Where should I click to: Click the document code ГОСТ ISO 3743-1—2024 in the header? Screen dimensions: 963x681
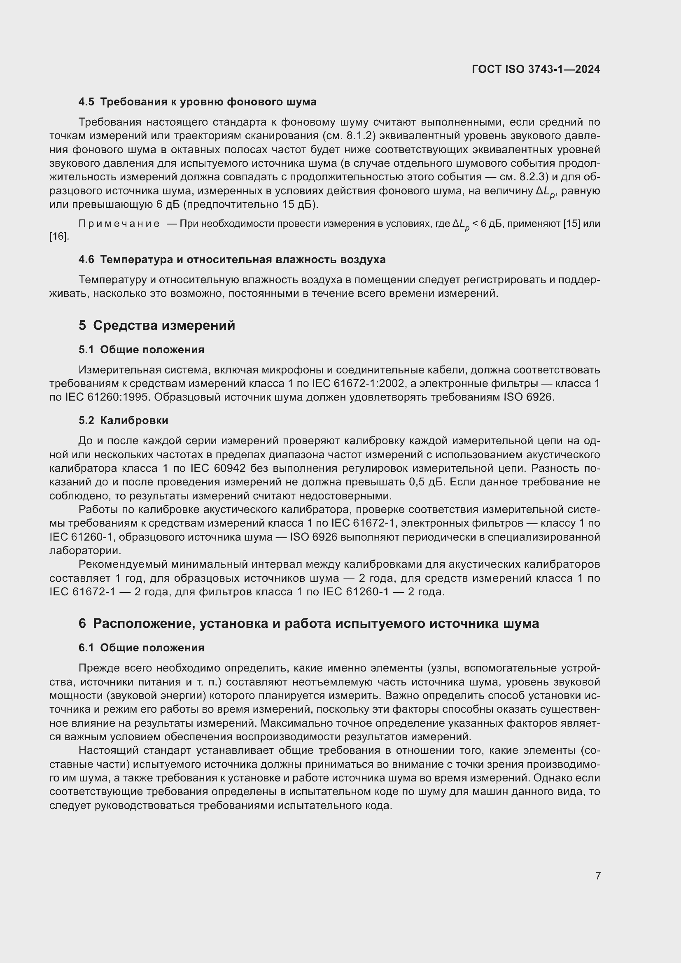click(536, 69)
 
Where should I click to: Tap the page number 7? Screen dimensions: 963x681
click(598, 876)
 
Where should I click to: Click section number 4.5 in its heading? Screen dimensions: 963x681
click(86, 102)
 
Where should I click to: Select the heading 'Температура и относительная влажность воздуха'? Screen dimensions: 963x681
click(243, 260)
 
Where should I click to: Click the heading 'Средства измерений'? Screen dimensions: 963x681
click(164, 326)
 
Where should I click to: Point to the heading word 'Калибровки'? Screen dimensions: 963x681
click(134, 420)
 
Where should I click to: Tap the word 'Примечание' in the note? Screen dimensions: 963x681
click(119, 224)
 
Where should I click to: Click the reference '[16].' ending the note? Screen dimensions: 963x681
click(59, 237)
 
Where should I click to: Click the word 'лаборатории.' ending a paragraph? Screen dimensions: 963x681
click(85, 551)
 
